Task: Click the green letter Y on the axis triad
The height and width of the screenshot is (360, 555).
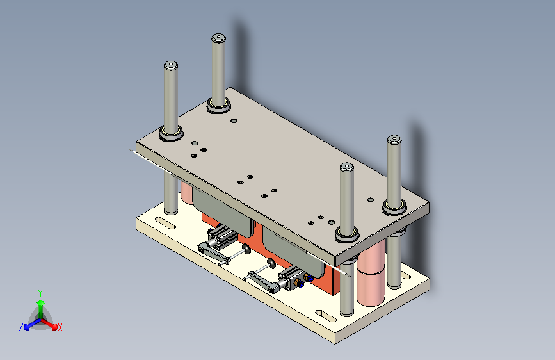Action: tap(40, 293)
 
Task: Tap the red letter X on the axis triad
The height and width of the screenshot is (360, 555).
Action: tap(60, 328)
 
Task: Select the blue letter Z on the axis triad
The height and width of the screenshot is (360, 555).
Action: tap(21, 327)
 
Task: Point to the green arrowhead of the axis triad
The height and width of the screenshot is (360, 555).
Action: tap(41, 303)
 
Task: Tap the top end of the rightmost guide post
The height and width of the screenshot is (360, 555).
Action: tap(394, 139)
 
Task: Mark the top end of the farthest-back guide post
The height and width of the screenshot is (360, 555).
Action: tap(219, 38)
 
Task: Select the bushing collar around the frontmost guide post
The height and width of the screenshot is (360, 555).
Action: tap(347, 235)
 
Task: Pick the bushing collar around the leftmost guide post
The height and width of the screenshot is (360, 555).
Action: tap(171, 133)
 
